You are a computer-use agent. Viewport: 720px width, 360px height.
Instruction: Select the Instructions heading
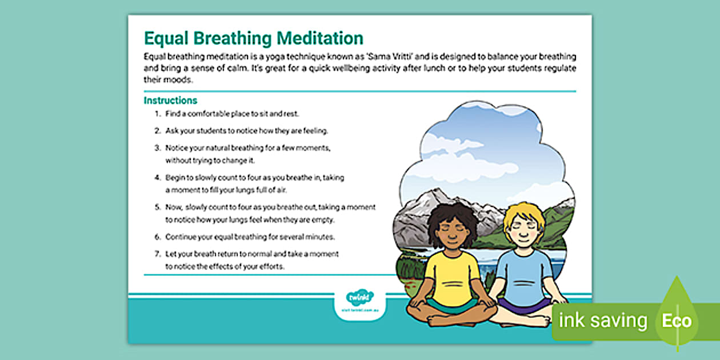point(170,101)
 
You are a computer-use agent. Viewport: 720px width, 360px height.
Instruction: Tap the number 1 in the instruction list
point(157,114)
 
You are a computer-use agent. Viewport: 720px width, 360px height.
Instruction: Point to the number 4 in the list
point(157,178)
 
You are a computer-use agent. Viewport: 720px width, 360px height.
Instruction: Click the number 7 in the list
point(157,253)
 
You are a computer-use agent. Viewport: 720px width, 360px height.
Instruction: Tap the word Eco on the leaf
point(677,321)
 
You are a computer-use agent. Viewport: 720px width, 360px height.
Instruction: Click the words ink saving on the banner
point(603,321)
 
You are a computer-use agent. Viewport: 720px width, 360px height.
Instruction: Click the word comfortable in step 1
point(209,114)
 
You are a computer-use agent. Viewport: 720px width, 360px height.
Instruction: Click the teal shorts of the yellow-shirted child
point(451,305)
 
